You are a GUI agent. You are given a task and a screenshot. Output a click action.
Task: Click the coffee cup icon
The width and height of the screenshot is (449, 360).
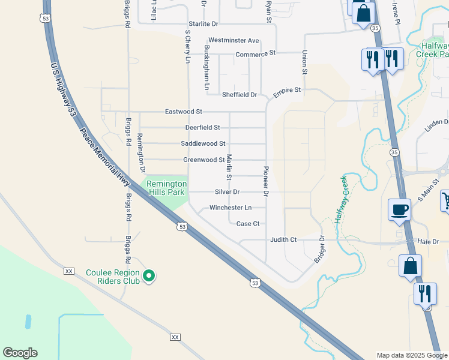(399, 209)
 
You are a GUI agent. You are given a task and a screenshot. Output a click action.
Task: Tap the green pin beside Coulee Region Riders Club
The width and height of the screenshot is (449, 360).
(149, 276)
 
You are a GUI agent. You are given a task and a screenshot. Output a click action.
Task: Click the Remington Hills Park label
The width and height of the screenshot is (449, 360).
(163, 188)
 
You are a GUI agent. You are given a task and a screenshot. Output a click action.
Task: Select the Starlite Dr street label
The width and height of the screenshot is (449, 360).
(202, 23)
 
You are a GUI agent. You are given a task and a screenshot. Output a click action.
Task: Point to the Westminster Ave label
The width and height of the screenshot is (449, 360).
(234, 40)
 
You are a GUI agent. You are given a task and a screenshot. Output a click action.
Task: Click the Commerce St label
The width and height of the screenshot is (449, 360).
(255, 53)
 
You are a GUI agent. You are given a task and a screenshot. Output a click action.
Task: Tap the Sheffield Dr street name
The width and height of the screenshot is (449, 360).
(239, 95)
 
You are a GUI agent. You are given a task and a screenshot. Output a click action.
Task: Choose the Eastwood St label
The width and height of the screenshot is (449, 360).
(184, 112)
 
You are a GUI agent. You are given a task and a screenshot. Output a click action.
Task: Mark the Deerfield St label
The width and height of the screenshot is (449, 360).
(202, 128)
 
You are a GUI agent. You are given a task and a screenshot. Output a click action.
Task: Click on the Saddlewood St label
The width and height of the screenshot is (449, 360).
(203, 143)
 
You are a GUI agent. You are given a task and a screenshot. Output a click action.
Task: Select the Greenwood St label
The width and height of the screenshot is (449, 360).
(203, 160)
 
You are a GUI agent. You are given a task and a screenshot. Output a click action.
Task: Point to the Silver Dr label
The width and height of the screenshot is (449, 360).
(227, 192)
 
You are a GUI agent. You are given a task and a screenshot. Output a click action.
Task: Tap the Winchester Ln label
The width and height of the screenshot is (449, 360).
(230, 208)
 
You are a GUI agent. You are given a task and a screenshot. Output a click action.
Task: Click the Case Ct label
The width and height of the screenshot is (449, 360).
(247, 224)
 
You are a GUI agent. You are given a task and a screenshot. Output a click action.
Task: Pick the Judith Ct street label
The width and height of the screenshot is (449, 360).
(283, 239)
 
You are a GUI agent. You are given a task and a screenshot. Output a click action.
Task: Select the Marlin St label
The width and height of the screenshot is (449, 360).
(229, 167)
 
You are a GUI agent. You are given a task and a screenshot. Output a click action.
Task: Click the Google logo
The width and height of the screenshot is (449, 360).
(20, 353)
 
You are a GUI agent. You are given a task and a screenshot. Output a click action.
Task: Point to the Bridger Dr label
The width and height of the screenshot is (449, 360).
(319, 249)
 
